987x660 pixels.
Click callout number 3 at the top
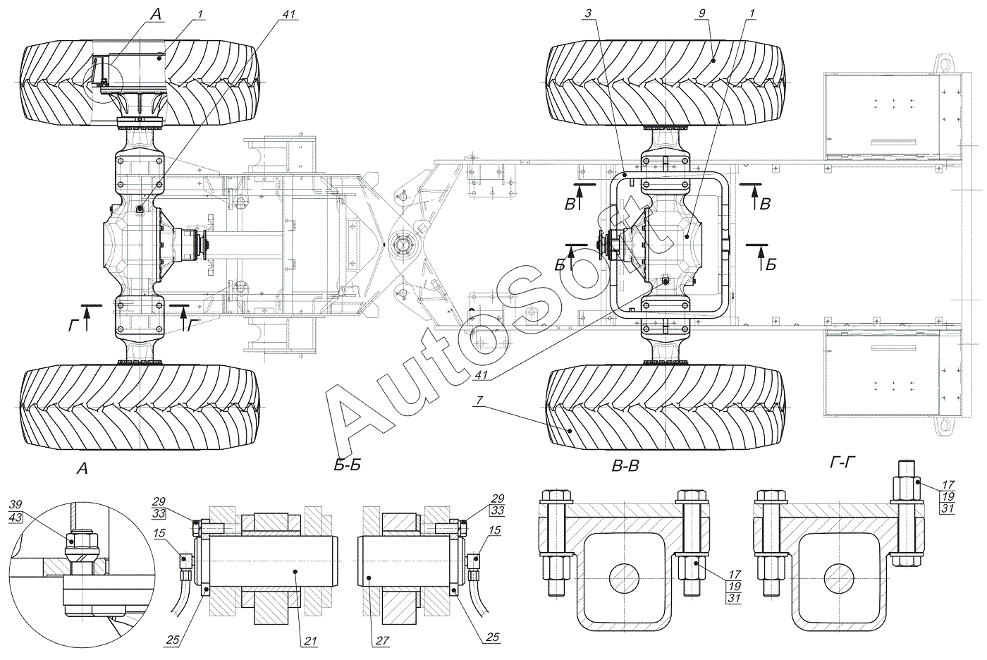pos(588,13)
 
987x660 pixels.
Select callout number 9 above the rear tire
pos(702,13)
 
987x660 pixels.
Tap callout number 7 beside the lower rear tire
pos(479,401)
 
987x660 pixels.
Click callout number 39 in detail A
pos(16,504)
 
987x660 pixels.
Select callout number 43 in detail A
pos(16,518)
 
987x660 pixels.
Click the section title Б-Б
pos(348,465)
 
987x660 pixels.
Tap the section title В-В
pos(626,466)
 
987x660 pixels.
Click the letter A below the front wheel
pos(82,469)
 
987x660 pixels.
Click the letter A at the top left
pos(156,14)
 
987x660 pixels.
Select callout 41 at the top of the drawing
pos(288,14)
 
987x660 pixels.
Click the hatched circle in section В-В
pos(625,578)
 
